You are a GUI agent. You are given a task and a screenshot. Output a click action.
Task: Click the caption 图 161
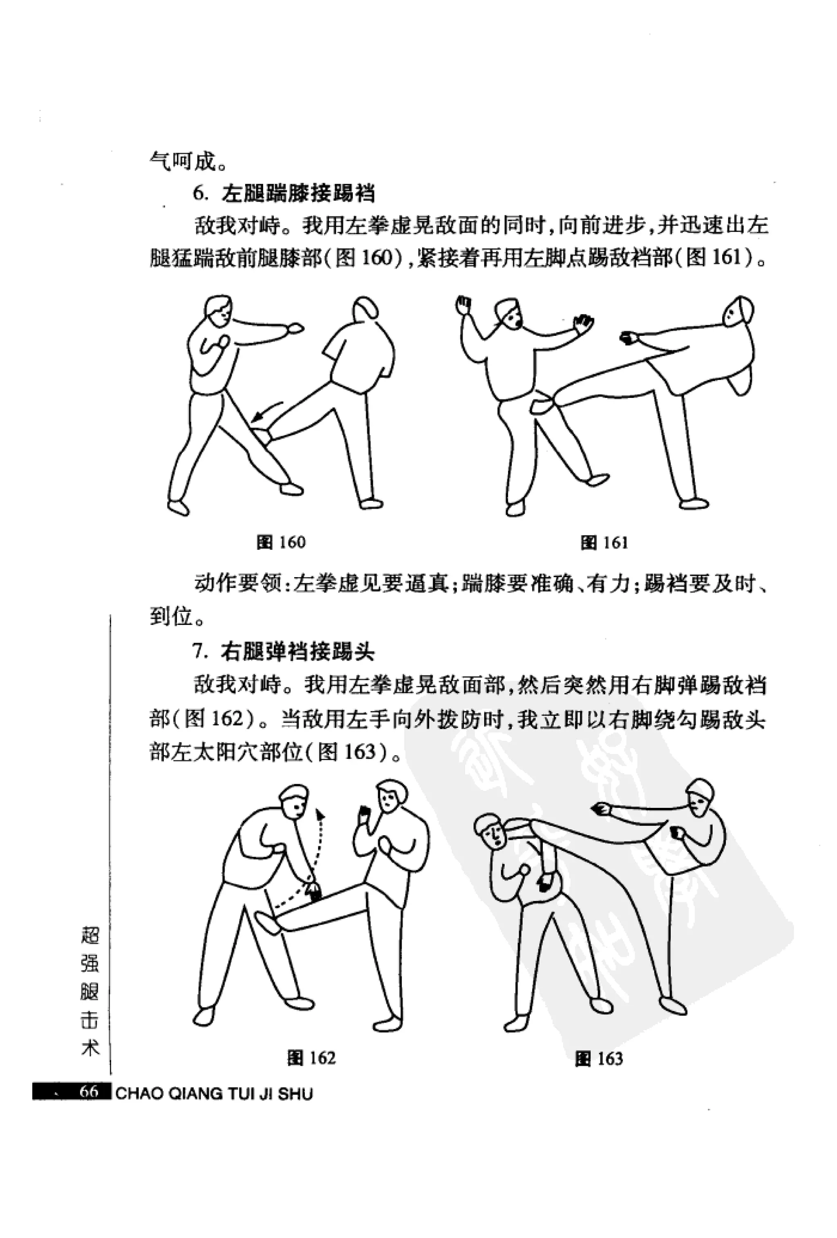tap(604, 543)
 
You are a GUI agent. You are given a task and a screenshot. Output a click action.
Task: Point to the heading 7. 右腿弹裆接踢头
tap(284, 652)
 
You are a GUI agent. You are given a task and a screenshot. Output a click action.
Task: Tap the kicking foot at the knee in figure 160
tap(263, 434)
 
